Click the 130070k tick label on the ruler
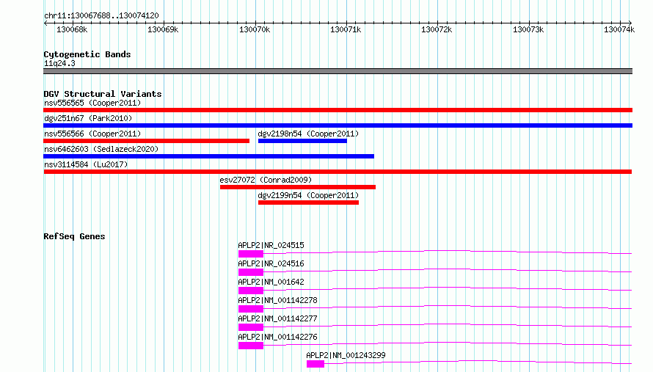coord(255,29)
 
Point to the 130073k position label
coord(528,29)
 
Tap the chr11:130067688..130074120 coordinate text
coord(101,15)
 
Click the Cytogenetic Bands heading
coord(87,54)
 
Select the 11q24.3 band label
coord(59,63)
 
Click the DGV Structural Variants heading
coord(103,94)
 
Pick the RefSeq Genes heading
coord(74,236)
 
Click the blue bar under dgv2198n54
coord(302,141)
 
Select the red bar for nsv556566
coord(146,141)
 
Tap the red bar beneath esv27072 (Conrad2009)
coord(298,187)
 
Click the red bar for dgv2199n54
coord(308,203)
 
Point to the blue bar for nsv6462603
coord(208,156)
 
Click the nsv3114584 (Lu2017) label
coord(86,164)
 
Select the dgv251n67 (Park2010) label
coord(88,118)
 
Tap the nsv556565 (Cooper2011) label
coord(92,103)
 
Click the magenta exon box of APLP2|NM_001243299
coord(315,364)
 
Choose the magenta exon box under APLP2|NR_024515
coord(251,254)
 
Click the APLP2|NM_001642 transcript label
coord(271,282)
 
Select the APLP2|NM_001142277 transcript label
coord(277,318)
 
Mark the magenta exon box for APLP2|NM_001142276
coord(251,346)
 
